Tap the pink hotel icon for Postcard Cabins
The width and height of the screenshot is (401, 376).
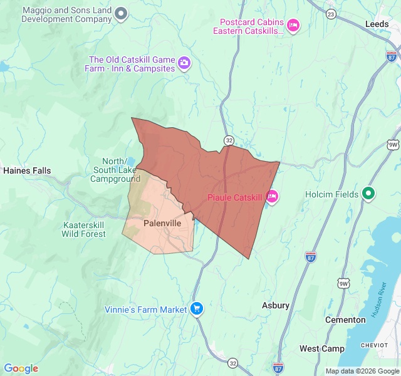coord(293,25)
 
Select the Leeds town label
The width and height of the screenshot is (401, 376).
coord(377,24)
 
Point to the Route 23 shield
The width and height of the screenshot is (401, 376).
coord(331,14)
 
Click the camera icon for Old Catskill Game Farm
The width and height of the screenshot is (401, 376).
coord(184,63)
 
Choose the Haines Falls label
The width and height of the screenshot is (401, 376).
coord(27,170)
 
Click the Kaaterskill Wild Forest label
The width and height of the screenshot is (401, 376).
coord(84,229)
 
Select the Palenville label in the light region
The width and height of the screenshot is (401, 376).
coord(162,223)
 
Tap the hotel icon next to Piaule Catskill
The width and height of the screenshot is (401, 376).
coord(272,197)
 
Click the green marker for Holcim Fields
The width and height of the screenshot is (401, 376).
coord(369,194)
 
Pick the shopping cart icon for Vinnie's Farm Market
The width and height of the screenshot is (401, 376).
coord(197,309)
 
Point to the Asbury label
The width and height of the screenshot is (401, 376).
coord(275,305)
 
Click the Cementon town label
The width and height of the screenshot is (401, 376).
coord(345,320)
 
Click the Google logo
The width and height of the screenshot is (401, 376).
coord(21,368)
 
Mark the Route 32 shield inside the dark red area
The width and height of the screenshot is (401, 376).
coord(229,140)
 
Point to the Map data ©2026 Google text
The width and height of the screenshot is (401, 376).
coord(362,371)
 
